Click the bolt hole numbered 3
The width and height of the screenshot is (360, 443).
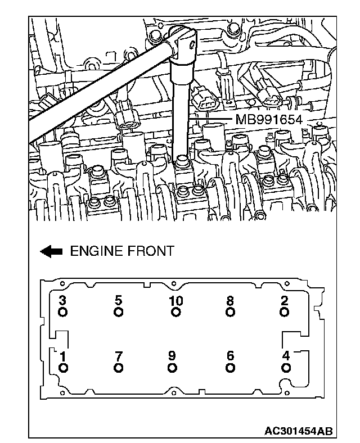pyautogui.click(x=62, y=312)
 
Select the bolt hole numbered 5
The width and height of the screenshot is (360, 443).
pyautogui.click(x=118, y=312)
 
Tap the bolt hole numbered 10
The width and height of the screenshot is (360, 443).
pyautogui.click(x=176, y=312)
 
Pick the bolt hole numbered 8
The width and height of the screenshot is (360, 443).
pyautogui.click(x=230, y=312)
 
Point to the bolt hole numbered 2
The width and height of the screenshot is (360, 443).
pyautogui.click(x=285, y=312)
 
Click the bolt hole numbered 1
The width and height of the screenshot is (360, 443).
pyautogui.click(x=62, y=368)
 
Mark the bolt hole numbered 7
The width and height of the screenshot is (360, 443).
pyautogui.click(x=118, y=368)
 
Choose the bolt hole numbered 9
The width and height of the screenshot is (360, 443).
pyautogui.click(x=173, y=368)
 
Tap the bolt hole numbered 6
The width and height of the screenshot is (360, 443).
pyautogui.click(x=230, y=368)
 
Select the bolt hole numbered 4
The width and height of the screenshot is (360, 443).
pyautogui.click(x=286, y=368)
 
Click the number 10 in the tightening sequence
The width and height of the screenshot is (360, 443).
pyautogui.click(x=176, y=301)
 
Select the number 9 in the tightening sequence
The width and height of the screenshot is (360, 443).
pyautogui.click(x=173, y=356)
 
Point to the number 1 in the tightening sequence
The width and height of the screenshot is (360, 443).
pyautogui.click(x=62, y=356)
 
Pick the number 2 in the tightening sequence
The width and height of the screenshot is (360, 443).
pyautogui.click(x=285, y=301)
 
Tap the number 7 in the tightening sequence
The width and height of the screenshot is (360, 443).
pyautogui.click(x=118, y=356)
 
